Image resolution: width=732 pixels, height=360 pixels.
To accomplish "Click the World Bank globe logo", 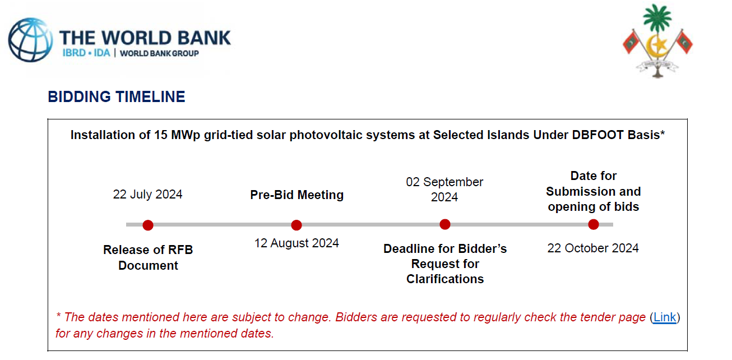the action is (30, 40).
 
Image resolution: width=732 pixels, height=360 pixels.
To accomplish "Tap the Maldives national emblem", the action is (657, 41).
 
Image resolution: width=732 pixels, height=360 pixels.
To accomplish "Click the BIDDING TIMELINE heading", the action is (117, 97).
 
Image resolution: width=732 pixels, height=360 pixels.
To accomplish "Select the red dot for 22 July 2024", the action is (148, 225).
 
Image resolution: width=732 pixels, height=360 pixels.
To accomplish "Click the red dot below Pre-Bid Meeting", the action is (296, 225).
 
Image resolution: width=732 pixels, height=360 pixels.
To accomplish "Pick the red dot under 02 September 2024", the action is (445, 224).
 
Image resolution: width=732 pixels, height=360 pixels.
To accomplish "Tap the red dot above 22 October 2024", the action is (594, 224).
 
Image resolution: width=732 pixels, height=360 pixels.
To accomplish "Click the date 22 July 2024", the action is (148, 194).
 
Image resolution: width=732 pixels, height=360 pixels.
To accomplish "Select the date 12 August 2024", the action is (296, 243).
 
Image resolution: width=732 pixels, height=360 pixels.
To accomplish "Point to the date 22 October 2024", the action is (593, 248).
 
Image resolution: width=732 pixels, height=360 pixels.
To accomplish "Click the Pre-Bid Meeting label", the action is (297, 195).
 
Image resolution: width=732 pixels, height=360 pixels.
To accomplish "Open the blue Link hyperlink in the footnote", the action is (665, 317).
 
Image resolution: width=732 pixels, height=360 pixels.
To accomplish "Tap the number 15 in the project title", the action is (161, 135).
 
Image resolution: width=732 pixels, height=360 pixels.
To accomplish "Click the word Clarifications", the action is (445, 279).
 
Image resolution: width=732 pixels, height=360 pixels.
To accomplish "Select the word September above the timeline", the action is (453, 182).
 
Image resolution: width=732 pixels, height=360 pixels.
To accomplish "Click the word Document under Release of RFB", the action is (149, 265).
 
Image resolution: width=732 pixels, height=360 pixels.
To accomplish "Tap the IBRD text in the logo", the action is (74, 53).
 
